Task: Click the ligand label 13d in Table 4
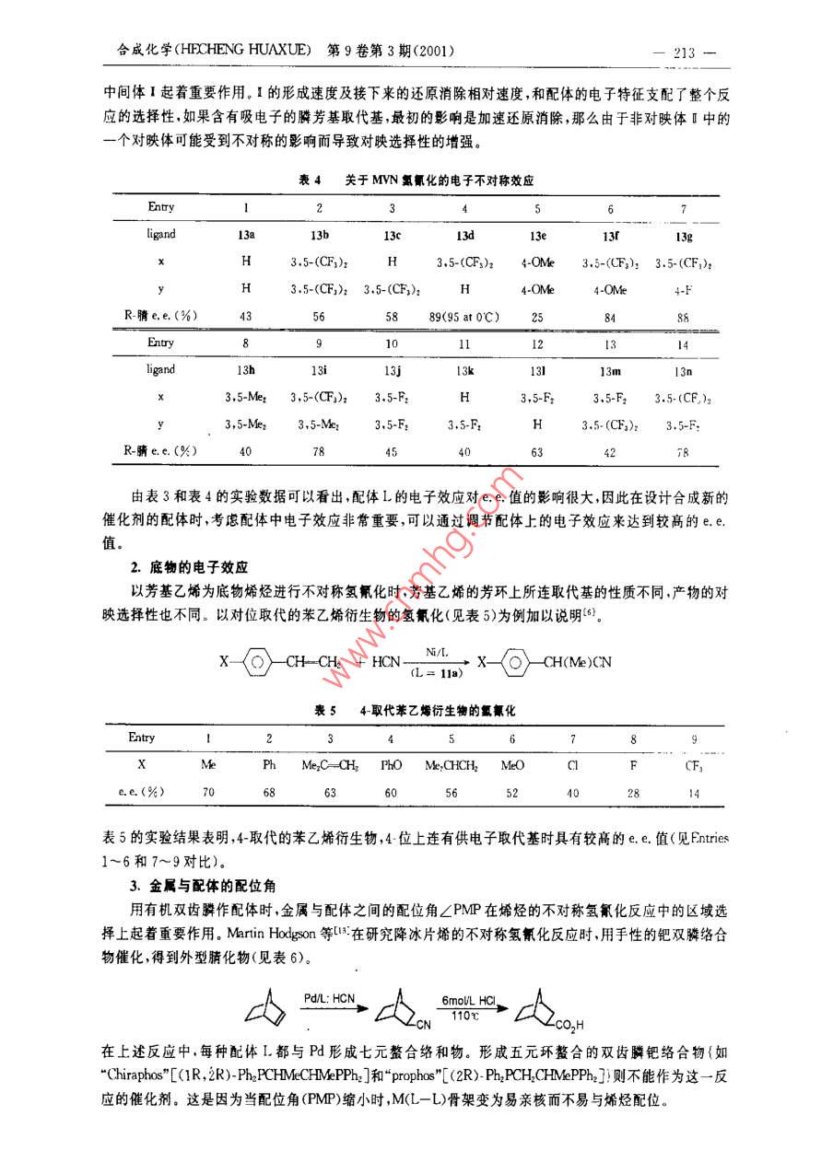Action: click(x=464, y=235)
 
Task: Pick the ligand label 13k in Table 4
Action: click(x=464, y=370)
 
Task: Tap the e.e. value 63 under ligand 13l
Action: click(x=537, y=452)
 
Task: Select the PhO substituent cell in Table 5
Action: click(x=391, y=765)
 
